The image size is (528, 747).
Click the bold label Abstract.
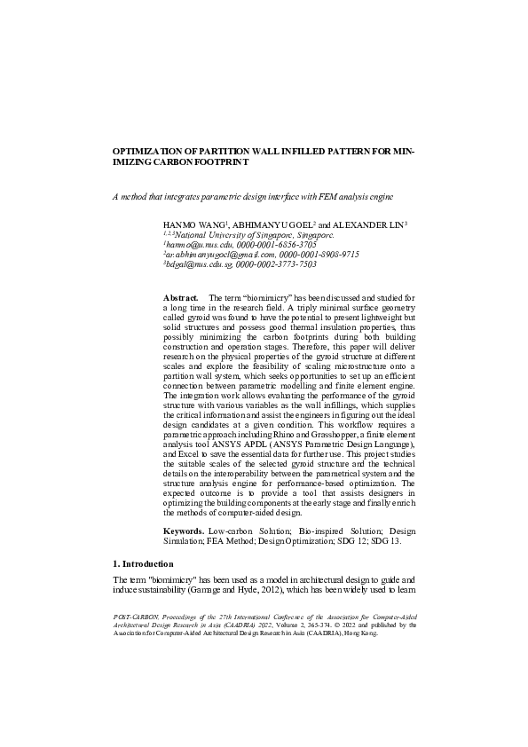point(180,295)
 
